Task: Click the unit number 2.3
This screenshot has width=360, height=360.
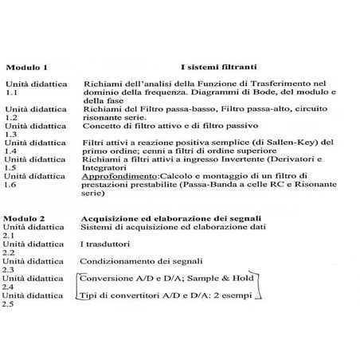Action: (10, 269)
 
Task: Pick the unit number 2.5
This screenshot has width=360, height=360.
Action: (10, 306)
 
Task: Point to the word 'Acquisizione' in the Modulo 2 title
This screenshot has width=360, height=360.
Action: (109, 217)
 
